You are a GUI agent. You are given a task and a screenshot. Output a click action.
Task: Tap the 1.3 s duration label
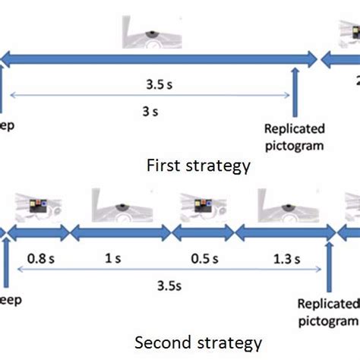[283, 259]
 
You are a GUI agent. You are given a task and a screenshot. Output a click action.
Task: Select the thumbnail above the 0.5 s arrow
[202, 206]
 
